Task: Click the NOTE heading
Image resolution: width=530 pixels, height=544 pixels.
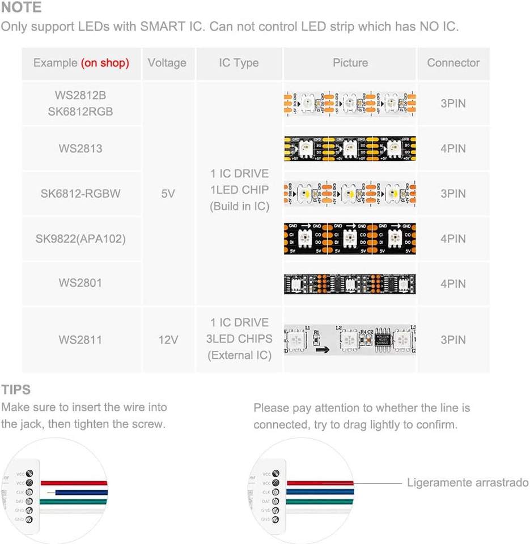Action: point(22,8)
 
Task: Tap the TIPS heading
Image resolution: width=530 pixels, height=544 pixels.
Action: point(16,390)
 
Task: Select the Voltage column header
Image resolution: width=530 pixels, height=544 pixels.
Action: point(167,63)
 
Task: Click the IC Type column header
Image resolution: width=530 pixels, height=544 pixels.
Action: point(239,63)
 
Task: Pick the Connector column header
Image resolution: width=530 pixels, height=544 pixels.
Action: point(453,63)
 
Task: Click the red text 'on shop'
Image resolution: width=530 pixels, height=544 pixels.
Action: point(105,63)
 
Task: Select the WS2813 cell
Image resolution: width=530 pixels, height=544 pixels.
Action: point(80,148)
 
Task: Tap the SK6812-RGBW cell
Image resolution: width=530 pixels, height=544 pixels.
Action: point(80,193)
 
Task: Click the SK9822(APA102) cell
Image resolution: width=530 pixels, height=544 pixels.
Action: point(80,239)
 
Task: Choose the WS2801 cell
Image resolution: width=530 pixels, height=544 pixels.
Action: point(80,283)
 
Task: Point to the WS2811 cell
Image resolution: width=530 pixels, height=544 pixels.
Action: point(80,340)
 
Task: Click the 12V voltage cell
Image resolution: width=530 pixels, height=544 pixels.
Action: point(168,340)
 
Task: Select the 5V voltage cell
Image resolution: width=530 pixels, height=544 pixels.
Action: point(168,193)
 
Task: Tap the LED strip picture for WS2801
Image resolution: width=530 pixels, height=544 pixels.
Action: point(350,284)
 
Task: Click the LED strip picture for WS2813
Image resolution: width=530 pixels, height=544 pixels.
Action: point(350,148)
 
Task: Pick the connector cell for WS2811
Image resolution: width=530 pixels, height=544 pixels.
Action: point(453,340)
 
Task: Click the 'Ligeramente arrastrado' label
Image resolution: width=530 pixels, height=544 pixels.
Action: point(468,483)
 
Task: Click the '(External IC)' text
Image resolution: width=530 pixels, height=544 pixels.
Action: point(239,355)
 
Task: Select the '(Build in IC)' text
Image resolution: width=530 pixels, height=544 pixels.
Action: point(239,206)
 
